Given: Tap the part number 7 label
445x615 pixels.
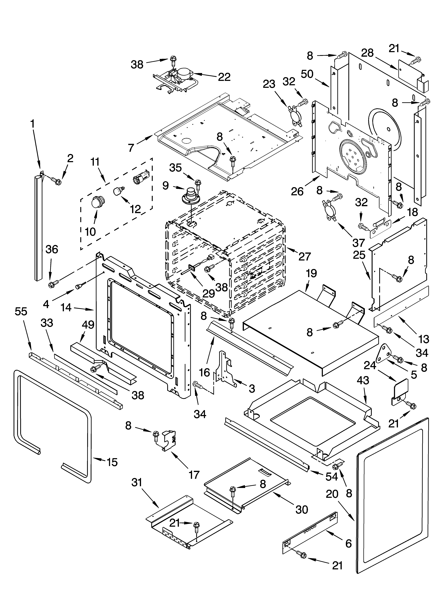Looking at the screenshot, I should pos(131,148).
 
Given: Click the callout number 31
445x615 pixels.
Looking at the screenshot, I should pos(137,483).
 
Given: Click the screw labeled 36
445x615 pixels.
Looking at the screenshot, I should pos(51,285).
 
